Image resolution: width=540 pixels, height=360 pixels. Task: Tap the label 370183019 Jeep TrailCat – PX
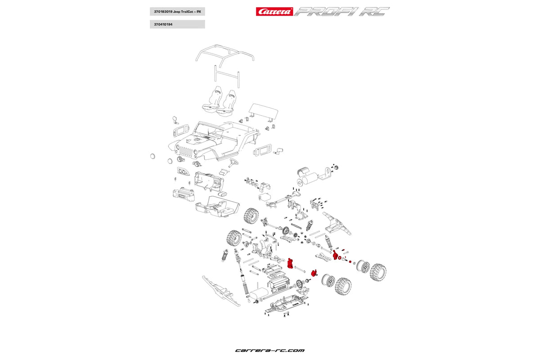tap(177, 11)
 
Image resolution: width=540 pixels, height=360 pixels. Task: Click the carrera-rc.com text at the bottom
tap(270, 350)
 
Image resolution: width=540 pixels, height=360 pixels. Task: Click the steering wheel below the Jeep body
tap(233, 162)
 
